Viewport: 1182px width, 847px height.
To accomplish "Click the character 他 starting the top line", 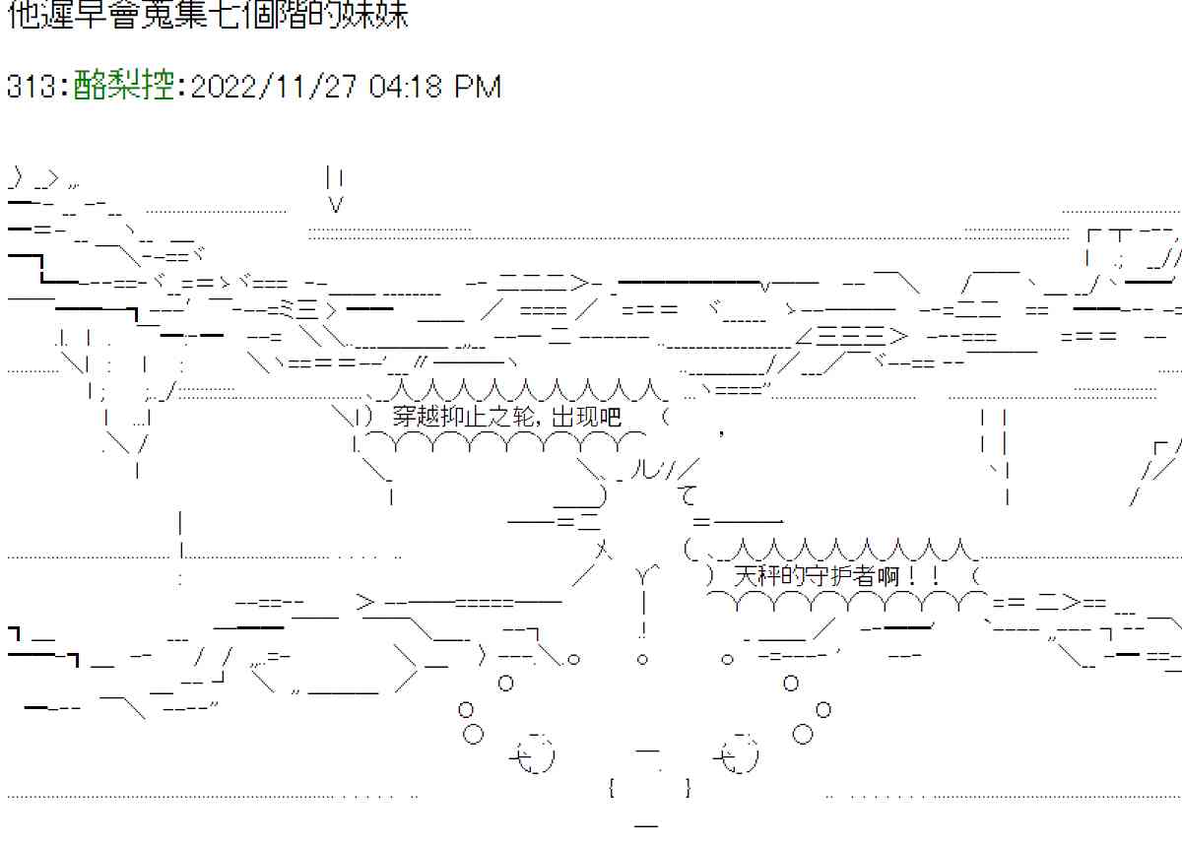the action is tap(22, 16).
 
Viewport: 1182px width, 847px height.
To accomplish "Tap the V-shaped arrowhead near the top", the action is tap(335, 205).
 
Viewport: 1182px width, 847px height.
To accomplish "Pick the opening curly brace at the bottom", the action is tap(613, 787).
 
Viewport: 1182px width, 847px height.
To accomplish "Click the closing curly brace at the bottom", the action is tap(687, 787).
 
